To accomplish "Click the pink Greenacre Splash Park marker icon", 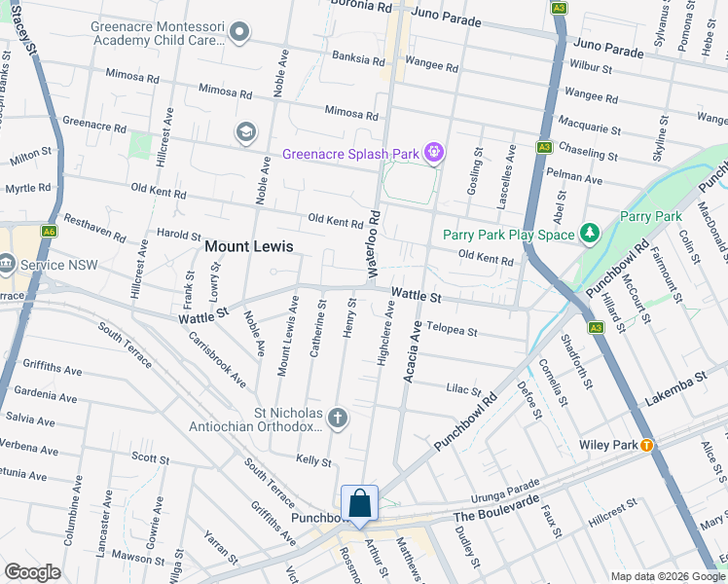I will point(434,154).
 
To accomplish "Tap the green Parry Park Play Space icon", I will point(589,234).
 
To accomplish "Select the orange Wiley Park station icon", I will point(645,445).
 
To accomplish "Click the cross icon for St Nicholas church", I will point(338,418).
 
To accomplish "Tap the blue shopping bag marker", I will point(359,504).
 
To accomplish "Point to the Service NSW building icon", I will point(7,263).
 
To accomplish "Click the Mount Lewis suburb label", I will point(248,247).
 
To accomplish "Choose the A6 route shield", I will point(49,232).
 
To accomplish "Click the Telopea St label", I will point(452,331).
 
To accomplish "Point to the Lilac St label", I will point(464,389).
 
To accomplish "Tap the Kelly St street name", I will point(313,460).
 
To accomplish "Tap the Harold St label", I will point(178,235).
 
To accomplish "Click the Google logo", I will point(33,572).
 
